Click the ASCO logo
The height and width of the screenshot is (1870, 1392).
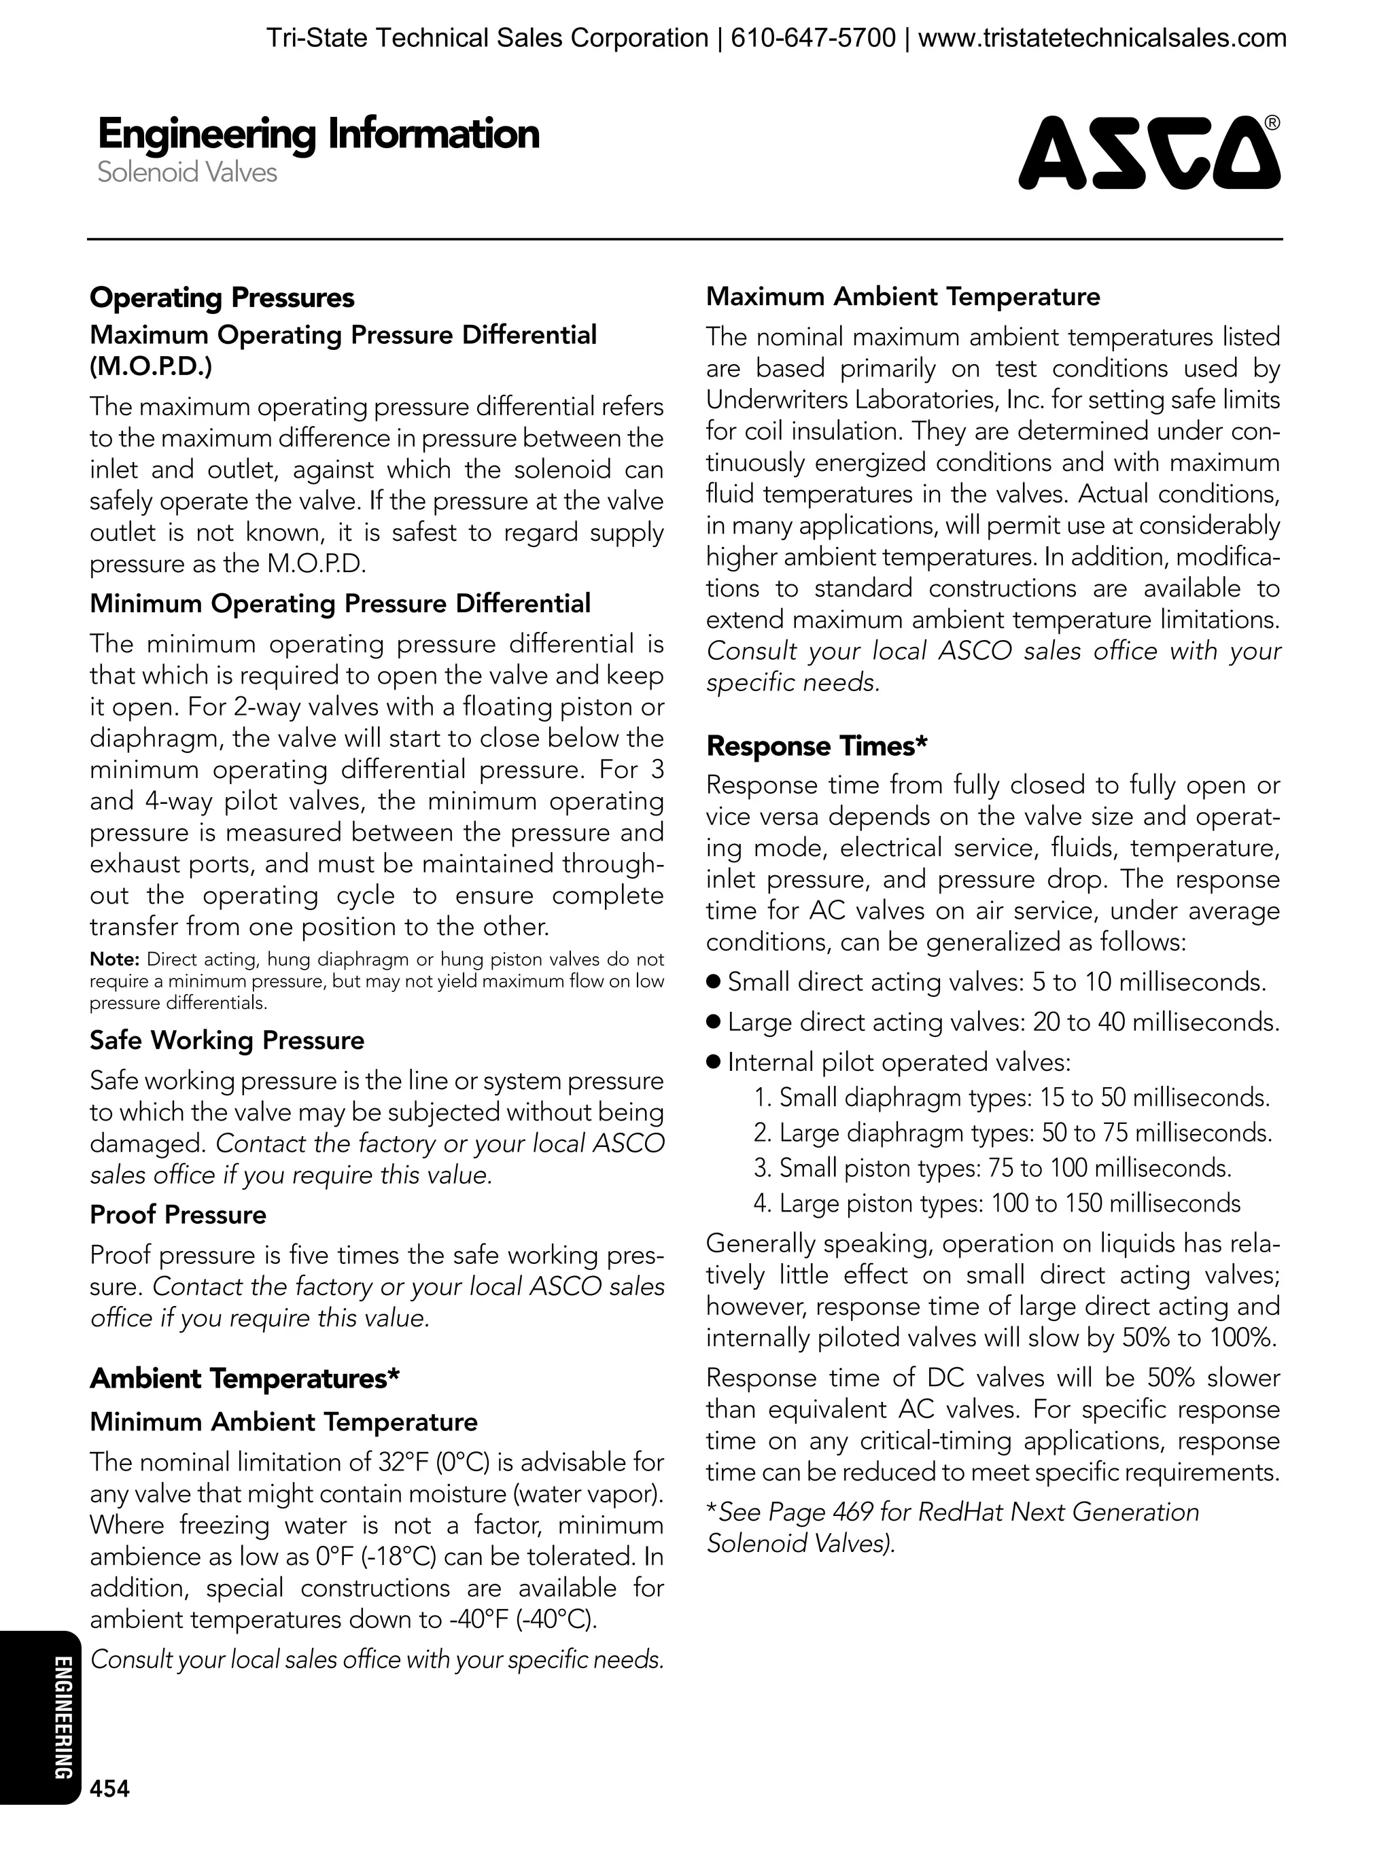(1147, 154)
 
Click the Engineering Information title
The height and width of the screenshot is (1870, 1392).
(319, 134)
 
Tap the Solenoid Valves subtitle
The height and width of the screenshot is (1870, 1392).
(187, 172)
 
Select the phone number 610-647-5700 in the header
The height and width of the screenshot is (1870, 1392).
(812, 38)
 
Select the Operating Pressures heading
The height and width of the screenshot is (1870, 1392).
(222, 298)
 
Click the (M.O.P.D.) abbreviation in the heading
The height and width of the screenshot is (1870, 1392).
(151, 366)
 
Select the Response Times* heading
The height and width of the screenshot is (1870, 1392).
(816, 745)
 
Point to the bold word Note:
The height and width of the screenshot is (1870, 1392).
(115, 959)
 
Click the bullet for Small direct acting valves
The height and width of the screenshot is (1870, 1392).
(714, 982)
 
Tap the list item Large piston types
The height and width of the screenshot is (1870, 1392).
(997, 1203)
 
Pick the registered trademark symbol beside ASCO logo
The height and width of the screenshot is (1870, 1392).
(1272, 124)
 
